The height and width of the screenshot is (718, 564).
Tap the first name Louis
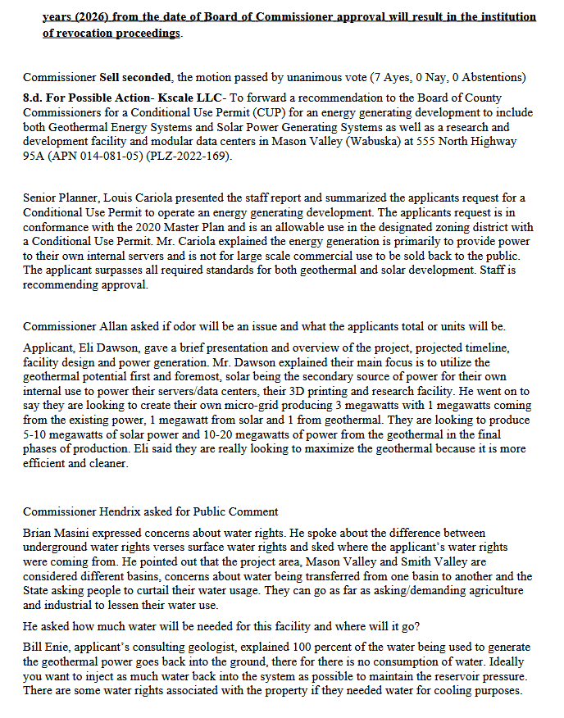[116, 198]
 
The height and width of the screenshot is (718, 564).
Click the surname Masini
[75, 533]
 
